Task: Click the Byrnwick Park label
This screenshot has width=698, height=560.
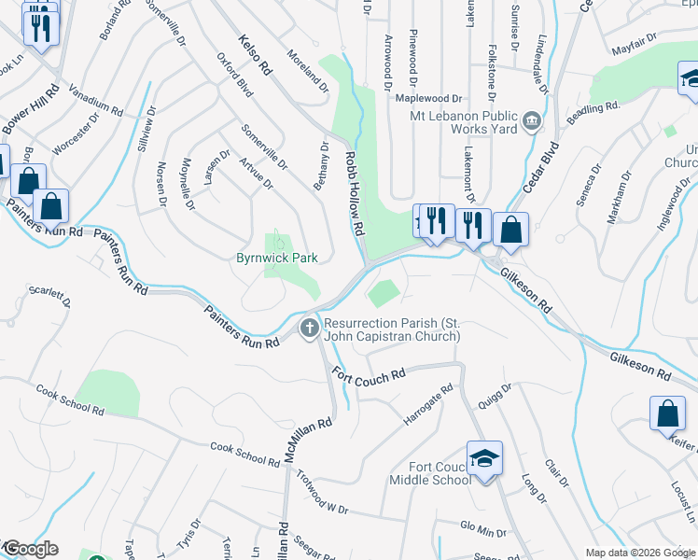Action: click(277, 258)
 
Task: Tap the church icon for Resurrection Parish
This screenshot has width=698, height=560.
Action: click(309, 328)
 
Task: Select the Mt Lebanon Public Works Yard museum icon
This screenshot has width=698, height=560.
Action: click(531, 119)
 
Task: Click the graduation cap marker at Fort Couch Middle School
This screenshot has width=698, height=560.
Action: click(484, 459)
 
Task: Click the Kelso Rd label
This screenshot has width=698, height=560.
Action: click(254, 55)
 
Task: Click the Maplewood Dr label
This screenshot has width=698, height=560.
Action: click(429, 97)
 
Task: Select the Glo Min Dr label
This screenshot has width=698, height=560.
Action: click(482, 528)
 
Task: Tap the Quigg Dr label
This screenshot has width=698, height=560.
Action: click(495, 399)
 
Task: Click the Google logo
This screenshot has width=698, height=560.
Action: click(31, 549)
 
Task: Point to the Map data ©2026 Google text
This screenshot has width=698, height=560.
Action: click(639, 553)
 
